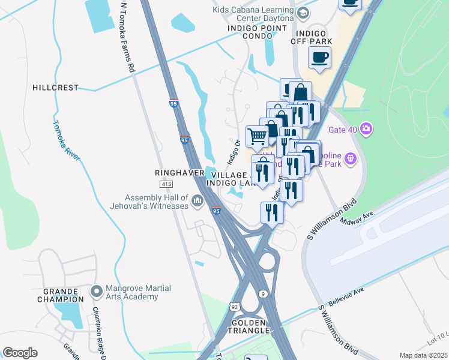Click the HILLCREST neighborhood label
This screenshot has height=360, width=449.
click(55, 88)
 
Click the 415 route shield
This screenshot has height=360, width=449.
click(167, 184)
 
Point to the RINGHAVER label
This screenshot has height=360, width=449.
click(176, 172)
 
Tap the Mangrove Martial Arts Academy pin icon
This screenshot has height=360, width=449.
click(95, 292)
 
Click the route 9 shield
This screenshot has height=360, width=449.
click(263, 293)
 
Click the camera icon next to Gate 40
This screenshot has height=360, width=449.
click(366, 129)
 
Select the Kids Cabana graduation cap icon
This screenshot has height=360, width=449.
click(303, 13)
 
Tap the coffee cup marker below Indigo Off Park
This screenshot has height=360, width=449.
click(319, 58)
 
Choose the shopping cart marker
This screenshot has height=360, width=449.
click(258, 136)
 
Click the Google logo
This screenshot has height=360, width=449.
click(20, 353)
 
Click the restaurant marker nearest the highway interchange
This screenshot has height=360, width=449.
click(272, 212)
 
